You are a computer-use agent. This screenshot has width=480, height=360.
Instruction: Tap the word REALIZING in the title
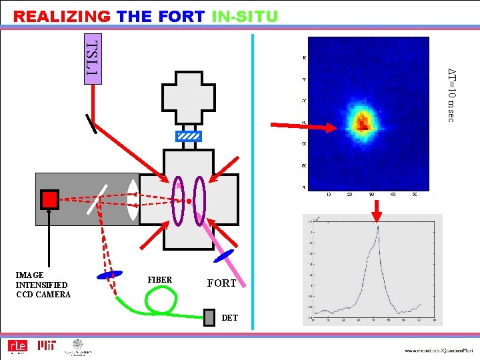tap(62, 16)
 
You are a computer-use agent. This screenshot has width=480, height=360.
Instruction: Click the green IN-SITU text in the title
tap(244, 16)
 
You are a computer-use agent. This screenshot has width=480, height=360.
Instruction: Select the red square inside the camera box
tap(49, 199)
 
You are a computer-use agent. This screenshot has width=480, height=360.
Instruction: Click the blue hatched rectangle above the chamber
tap(188, 137)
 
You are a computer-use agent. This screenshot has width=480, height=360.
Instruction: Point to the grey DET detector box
tap(210, 316)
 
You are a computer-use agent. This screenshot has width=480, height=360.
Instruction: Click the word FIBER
tap(160, 280)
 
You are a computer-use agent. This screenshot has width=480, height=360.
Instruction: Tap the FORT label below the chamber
tap(222, 283)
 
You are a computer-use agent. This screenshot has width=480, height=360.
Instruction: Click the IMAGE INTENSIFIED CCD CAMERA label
tap(43, 285)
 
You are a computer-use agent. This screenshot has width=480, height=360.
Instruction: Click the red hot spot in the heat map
tap(363, 121)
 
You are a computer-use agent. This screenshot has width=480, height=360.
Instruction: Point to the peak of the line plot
tap(377, 228)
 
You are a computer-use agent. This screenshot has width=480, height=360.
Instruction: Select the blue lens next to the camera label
tap(110, 274)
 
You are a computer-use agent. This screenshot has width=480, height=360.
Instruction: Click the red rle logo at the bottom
tap(16, 346)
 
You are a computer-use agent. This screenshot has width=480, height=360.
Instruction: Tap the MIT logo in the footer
tap(46, 346)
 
